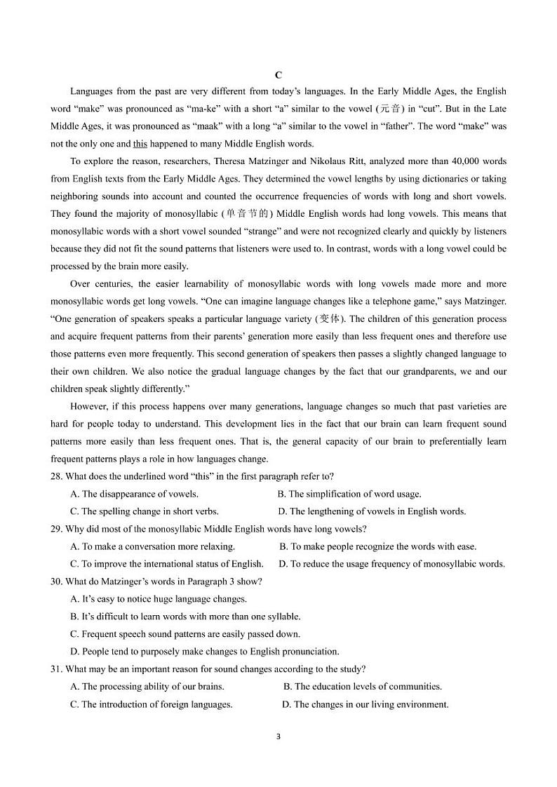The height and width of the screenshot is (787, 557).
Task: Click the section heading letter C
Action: tap(278, 75)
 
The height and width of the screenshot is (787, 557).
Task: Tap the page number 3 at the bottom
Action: tap(278, 736)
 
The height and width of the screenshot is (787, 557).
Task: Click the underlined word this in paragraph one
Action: tap(140, 144)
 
